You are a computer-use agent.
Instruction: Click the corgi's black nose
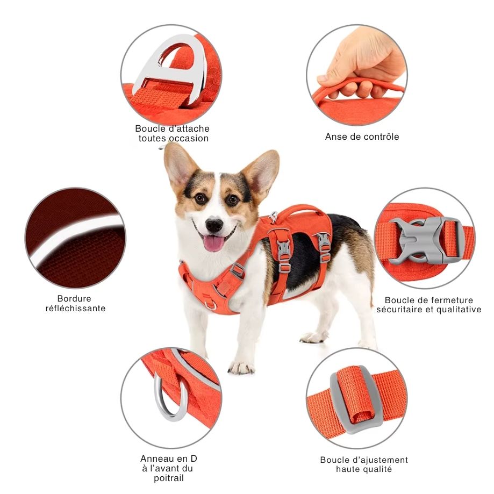[x=214, y=224]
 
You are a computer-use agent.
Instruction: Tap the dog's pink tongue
[x=214, y=244]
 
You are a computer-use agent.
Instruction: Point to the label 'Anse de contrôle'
[x=362, y=137]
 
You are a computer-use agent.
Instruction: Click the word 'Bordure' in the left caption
[x=74, y=298]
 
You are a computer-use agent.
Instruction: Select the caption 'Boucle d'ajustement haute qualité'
[x=364, y=464]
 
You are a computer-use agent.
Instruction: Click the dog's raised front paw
[x=240, y=367]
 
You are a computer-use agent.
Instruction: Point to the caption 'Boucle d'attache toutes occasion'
[x=172, y=133]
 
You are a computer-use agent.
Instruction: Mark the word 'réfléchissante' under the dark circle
[x=75, y=309]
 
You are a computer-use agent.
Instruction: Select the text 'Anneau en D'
[x=169, y=459]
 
